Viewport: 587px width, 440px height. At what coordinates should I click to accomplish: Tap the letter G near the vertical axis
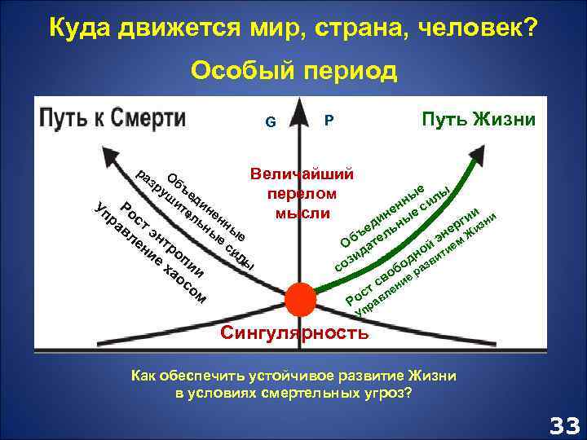click(270, 124)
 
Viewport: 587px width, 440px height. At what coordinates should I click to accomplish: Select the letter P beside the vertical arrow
click(329, 121)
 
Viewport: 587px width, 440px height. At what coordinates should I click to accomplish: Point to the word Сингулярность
click(295, 333)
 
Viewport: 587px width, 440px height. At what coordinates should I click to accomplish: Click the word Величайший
click(302, 174)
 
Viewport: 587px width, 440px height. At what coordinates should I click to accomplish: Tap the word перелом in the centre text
click(302, 194)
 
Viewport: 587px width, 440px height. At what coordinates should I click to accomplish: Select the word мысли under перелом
click(302, 213)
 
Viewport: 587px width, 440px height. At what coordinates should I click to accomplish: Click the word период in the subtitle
click(347, 72)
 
